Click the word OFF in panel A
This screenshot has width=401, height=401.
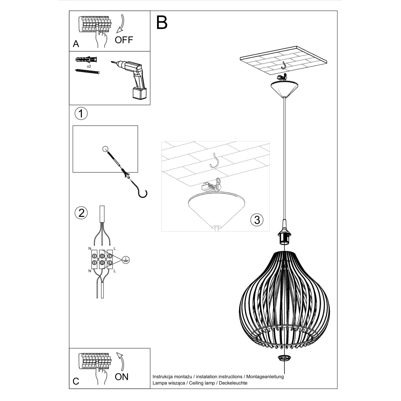124,40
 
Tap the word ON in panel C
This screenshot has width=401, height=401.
122,377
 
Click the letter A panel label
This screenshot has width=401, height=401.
76,44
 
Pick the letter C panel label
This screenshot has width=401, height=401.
76,381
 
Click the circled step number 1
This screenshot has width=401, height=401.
81,113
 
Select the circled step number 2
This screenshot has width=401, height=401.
81,213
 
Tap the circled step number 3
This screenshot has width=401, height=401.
257,220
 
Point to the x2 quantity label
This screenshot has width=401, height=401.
89,66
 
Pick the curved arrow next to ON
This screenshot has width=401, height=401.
121,361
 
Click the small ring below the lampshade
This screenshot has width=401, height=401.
284,358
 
